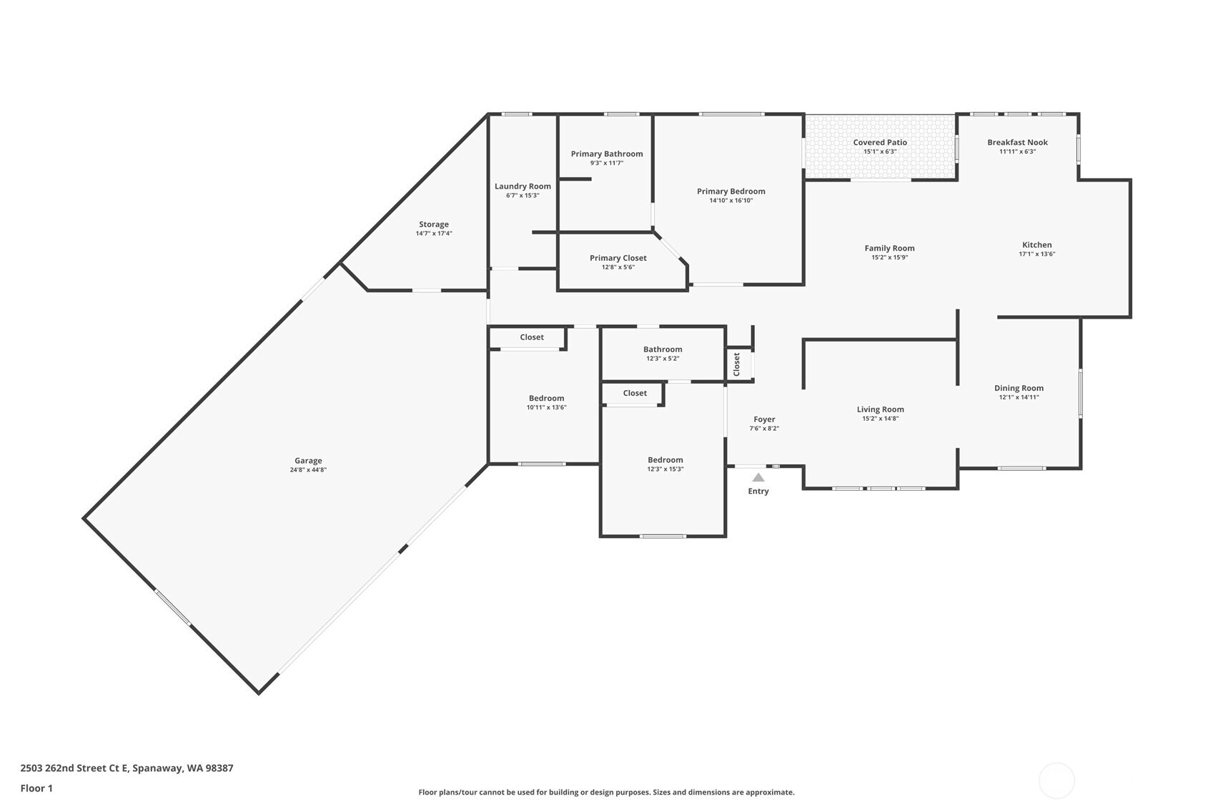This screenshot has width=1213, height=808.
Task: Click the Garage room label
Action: [308, 461]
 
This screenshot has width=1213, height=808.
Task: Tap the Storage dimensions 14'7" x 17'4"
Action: [434, 234]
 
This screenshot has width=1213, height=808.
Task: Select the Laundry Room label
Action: [523, 186]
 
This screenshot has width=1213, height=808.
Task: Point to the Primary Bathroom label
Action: [607, 154]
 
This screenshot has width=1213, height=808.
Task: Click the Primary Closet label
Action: [618, 258]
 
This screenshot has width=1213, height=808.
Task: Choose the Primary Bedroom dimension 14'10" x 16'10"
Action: [731, 201]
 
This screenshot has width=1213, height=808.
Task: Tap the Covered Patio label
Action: [880, 142]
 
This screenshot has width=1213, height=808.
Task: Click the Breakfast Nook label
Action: [1018, 142]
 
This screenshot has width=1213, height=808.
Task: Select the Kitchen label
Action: [1037, 244]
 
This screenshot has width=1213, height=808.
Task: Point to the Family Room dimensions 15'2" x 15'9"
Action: [890, 258]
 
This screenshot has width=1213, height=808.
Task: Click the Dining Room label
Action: [1019, 388]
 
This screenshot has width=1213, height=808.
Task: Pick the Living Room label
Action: [881, 409]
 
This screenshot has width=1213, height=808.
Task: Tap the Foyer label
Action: [764, 419]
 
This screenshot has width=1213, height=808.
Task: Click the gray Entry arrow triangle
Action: [758, 478]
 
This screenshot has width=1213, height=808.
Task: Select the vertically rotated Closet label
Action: [736, 364]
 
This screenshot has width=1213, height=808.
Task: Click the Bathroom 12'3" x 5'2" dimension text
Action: [663, 359]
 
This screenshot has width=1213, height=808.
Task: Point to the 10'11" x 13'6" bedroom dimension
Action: [546, 407]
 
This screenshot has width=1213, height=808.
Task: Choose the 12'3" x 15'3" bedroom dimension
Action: [665, 469]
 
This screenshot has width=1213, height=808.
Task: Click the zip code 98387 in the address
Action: [220, 768]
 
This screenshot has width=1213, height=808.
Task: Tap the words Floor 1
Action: [36, 788]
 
